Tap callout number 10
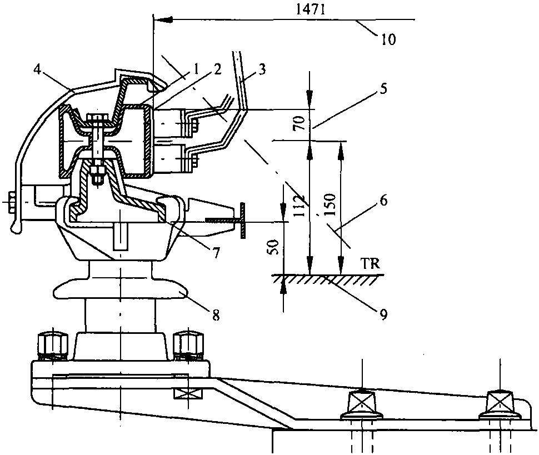[388, 39]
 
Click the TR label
[372, 264]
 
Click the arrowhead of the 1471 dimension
[162, 21]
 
